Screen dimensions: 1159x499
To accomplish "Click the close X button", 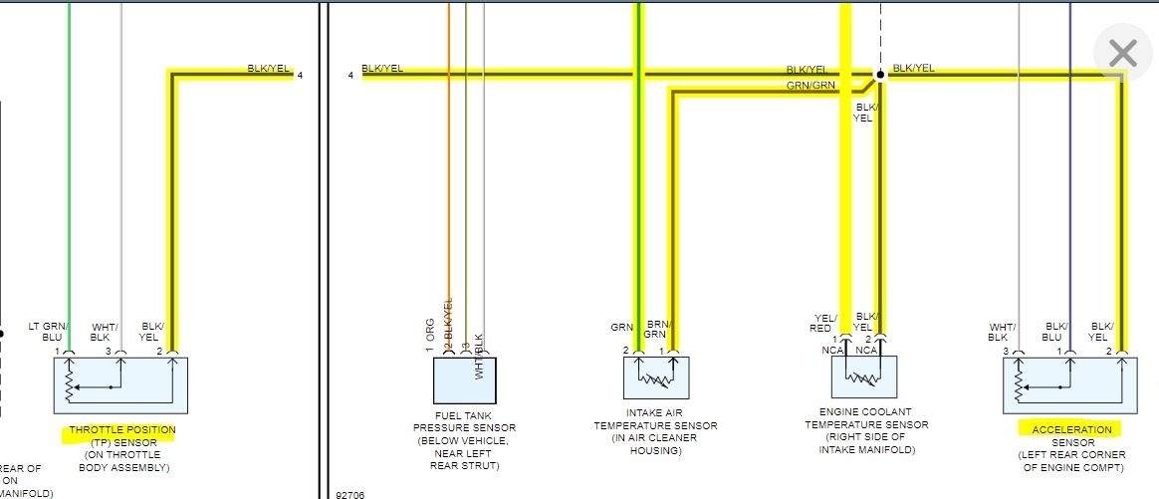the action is [x=1122, y=54].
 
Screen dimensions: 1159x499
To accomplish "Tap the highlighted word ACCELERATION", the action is [x=1070, y=429].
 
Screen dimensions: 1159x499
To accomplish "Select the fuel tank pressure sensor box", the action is [x=465, y=379].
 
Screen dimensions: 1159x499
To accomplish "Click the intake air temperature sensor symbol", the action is [x=656, y=377].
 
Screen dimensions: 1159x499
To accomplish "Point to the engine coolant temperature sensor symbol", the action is [x=864, y=376].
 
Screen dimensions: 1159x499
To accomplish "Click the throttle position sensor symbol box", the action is [x=120, y=384].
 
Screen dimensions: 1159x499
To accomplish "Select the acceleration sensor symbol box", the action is [x=1070, y=384].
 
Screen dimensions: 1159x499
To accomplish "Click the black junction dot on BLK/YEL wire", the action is [x=879, y=75].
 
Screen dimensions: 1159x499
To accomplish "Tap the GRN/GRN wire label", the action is [x=811, y=86].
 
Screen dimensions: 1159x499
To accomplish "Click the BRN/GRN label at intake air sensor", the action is [x=657, y=330].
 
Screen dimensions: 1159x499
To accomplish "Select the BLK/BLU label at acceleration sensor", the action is [x=1056, y=332].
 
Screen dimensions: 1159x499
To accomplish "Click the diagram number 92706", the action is [x=350, y=492].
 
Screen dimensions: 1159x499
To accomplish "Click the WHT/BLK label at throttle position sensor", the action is [x=105, y=332].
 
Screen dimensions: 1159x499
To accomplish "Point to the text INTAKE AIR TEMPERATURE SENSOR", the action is [x=655, y=425].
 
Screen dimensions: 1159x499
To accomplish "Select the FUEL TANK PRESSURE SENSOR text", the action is [x=464, y=428].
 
